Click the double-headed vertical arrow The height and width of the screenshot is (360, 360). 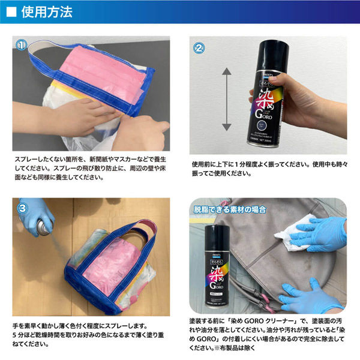point(226,100)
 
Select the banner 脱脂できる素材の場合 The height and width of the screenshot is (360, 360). point(229,211)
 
